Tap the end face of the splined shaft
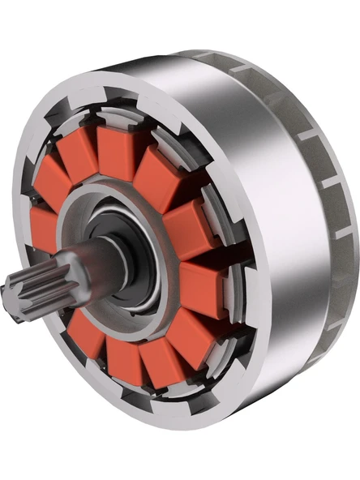click(x=14, y=293)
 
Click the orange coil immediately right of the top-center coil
click(x=158, y=174)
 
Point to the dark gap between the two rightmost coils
click(x=195, y=258)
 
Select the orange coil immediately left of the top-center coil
click(x=77, y=162)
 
